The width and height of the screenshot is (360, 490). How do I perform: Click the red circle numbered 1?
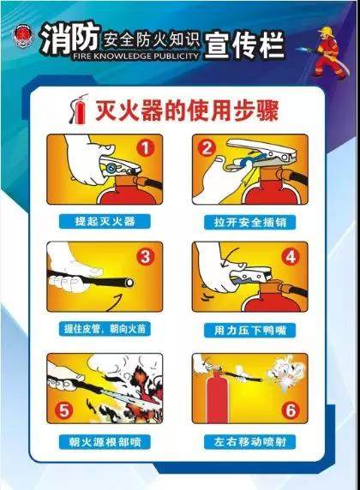pyautogui.click(x=146, y=148)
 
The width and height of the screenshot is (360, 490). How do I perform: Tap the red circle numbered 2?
pyautogui.click(x=207, y=148)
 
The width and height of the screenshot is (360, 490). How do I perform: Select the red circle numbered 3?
pyautogui.click(x=146, y=257)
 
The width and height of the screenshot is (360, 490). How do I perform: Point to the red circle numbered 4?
pyautogui.click(x=291, y=257)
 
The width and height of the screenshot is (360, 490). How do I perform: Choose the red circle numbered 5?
pyautogui.click(x=64, y=410)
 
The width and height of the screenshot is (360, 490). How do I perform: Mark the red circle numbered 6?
pyautogui.click(x=291, y=410)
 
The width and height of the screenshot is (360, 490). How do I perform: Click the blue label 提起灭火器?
pyautogui.click(x=105, y=222)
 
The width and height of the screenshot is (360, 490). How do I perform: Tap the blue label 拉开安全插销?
pyautogui.click(x=250, y=223)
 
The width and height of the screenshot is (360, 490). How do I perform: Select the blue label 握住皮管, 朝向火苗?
pyautogui.click(x=105, y=329)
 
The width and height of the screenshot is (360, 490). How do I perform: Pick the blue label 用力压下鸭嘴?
pyautogui.click(x=250, y=330)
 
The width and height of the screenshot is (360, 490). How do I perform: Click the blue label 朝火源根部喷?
pyautogui.click(x=105, y=442)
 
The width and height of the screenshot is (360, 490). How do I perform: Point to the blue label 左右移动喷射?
pyautogui.click(x=250, y=442)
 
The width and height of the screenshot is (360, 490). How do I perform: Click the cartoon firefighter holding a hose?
pyautogui.click(x=328, y=52)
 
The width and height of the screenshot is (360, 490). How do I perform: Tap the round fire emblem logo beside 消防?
pyautogui.click(x=22, y=37)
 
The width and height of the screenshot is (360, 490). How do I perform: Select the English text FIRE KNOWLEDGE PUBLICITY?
pyautogui.click(x=135, y=57)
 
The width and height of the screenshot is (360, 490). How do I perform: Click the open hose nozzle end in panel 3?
pyautogui.click(x=129, y=283)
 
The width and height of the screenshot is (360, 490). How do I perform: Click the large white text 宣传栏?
pyautogui.click(x=244, y=45)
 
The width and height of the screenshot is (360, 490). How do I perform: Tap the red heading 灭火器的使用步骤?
pyautogui.click(x=187, y=111)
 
